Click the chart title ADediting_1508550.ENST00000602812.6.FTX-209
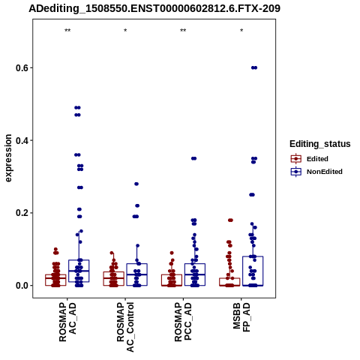coord(154,8)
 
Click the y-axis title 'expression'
coord(8,158)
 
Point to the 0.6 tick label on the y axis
coord(22,67)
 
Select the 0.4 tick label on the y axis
coord(22,140)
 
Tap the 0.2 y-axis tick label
coord(22,213)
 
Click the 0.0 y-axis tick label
coord(22,286)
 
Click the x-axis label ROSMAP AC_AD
coord(67,322)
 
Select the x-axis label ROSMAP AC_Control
coord(125,327)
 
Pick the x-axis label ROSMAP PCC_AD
coord(183,322)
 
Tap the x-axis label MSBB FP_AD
coord(241,317)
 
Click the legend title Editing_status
coord(320,144)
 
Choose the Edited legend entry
coord(309,159)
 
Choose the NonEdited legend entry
coord(316,172)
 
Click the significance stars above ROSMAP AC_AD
coord(67,31)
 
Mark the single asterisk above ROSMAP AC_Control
coord(125,31)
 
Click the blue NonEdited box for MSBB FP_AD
coord(253,271)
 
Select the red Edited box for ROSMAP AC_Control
coord(114,278)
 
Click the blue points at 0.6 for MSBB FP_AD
coord(254,67)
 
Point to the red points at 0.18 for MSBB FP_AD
coord(230,220)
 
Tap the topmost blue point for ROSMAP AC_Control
coord(136,184)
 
